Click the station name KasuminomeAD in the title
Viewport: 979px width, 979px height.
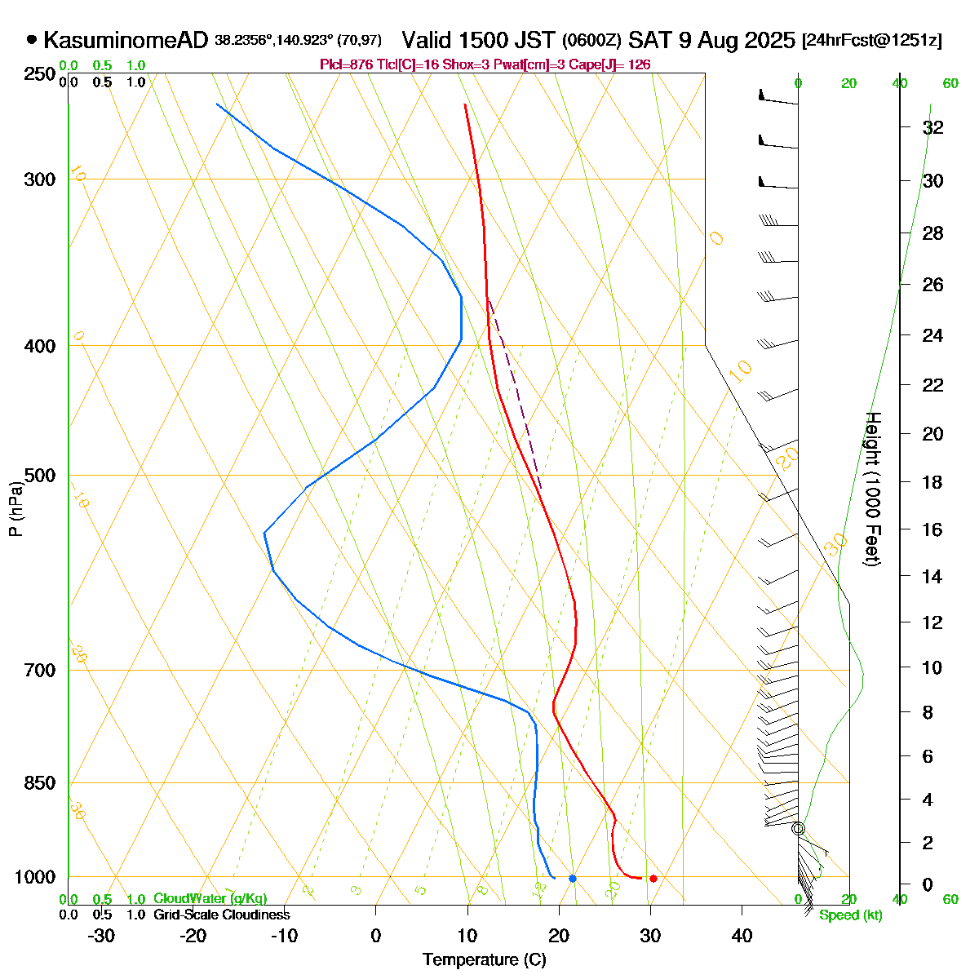[x=126, y=40]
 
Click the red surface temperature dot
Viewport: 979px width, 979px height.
[x=653, y=879]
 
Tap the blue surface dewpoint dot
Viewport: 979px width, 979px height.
[x=573, y=879]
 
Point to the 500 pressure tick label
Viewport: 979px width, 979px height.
[x=40, y=476]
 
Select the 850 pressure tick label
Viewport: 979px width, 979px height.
[x=40, y=783]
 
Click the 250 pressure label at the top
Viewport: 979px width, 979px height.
[x=40, y=75]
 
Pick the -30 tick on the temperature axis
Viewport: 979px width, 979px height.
[x=100, y=936]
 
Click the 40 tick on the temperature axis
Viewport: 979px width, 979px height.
[x=742, y=936]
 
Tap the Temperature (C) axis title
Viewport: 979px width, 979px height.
[x=485, y=960]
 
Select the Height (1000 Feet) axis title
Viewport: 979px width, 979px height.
[x=871, y=489]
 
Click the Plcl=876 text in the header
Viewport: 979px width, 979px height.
[x=347, y=64]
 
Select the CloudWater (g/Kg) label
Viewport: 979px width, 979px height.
[x=210, y=899]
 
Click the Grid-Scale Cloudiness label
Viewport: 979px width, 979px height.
[x=222, y=915]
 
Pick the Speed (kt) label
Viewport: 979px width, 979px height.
[x=851, y=915]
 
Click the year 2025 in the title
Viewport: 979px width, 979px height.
[x=768, y=40]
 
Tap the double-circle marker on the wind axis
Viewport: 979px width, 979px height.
[x=798, y=829]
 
